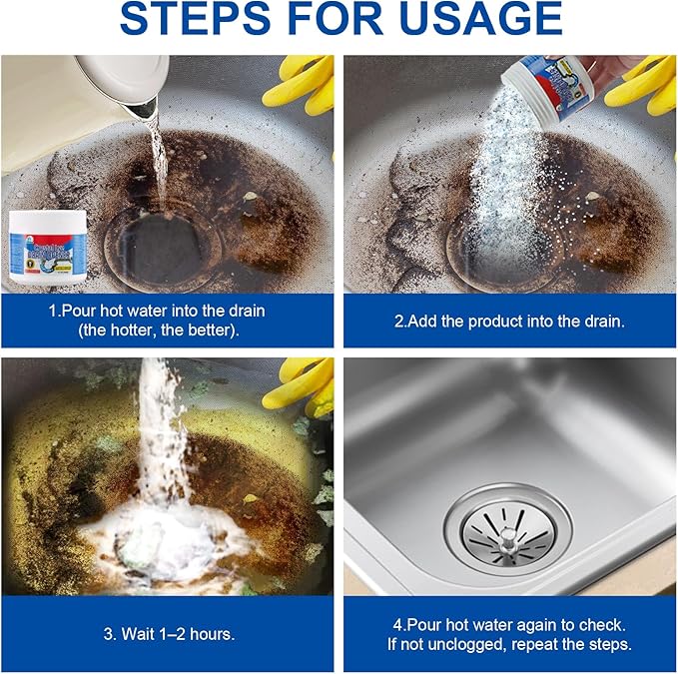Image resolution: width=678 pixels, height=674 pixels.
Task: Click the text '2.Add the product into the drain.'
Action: pyautogui.click(x=510, y=321)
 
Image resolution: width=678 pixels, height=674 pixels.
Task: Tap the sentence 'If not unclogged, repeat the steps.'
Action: pyautogui.click(x=509, y=644)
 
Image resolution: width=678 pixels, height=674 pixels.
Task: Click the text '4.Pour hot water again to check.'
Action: pyautogui.click(x=509, y=623)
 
